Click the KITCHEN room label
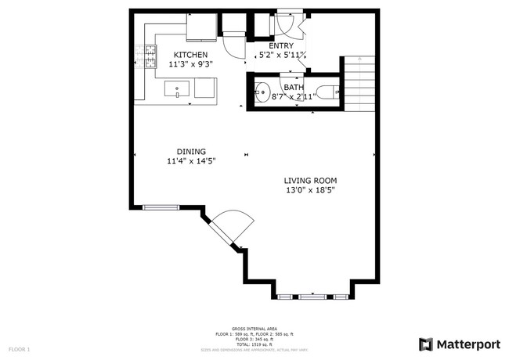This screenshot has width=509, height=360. [x=190, y=54]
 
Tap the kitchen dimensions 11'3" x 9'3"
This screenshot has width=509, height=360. [x=190, y=64]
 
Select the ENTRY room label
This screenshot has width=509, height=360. [x=281, y=46]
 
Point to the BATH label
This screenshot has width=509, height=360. [x=294, y=87]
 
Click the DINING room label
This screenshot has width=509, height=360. [x=190, y=152]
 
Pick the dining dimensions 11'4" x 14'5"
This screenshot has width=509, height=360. [x=190, y=162]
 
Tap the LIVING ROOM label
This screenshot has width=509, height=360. [x=311, y=180]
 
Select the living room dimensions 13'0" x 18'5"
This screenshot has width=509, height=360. [x=311, y=190]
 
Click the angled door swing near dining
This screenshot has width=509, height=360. [x=233, y=227]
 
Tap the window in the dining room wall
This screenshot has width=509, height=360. [x=161, y=207]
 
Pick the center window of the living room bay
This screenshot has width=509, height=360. [x=312, y=297]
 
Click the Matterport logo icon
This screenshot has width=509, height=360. [x=426, y=344]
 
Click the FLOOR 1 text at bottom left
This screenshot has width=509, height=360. [x=19, y=348]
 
